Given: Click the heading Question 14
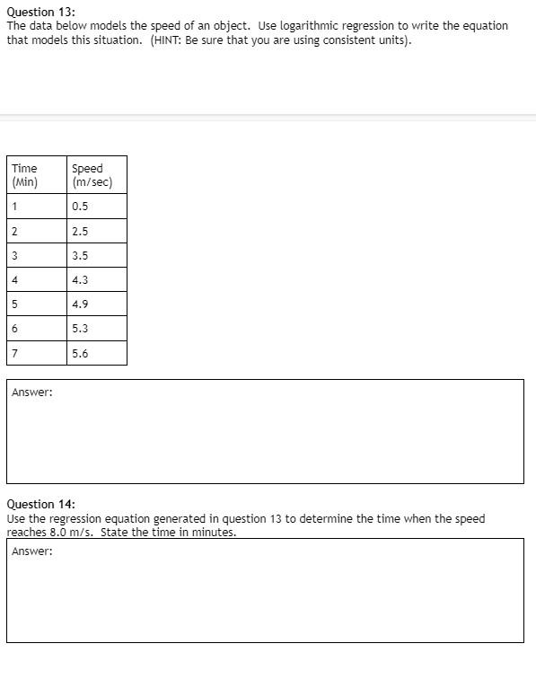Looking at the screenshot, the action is coord(41,505).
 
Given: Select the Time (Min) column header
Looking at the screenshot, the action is coord(24,174).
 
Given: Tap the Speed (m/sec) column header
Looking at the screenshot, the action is coord(92,174).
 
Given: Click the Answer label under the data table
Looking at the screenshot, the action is coord(32,392).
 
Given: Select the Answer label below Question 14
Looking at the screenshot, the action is coord(32,551).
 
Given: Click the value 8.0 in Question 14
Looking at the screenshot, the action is coord(61,533).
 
